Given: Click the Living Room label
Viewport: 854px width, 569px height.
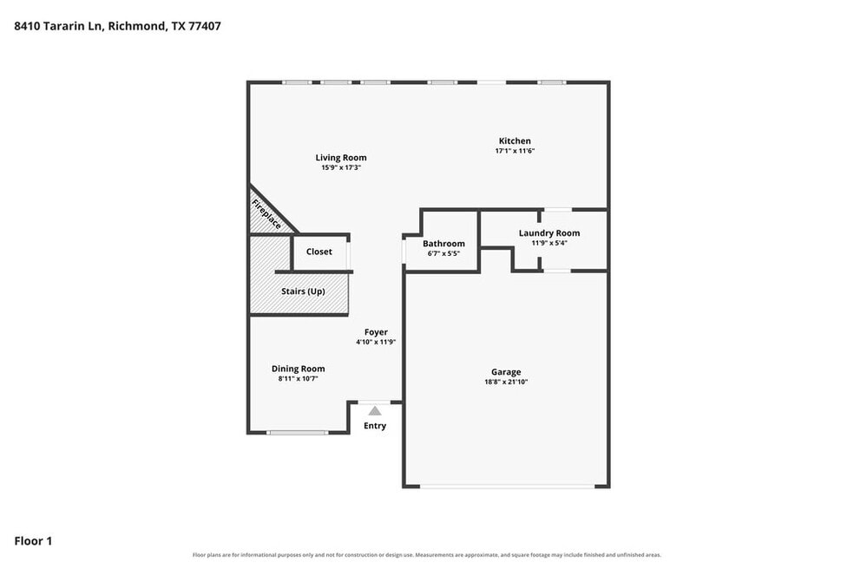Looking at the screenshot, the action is click(x=341, y=157).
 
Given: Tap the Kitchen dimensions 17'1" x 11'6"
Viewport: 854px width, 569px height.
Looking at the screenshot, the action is click(x=515, y=151).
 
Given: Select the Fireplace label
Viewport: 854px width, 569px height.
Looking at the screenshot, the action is click(x=266, y=214).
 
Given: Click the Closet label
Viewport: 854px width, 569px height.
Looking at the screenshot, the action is click(x=319, y=252).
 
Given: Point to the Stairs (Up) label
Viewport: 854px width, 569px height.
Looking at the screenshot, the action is click(x=304, y=291).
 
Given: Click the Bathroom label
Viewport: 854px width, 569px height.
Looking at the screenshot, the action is click(x=443, y=244).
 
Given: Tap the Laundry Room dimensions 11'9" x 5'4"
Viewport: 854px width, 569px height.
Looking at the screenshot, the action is click(x=549, y=243).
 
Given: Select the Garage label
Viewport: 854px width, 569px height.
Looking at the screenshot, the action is click(x=506, y=372).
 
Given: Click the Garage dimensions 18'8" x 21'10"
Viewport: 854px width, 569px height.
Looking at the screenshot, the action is click(x=506, y=382).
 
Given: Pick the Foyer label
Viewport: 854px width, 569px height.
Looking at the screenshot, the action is click(x=376, y=331).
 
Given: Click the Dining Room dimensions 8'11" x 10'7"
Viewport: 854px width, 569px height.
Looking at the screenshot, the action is click(x=298, y=378).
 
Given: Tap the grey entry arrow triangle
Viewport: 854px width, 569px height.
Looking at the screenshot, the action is click(x=375, y=410).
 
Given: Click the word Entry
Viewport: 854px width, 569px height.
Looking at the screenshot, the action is click(x=375, y=426).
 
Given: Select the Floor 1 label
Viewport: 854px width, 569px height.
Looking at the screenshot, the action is click(x=33, y=540).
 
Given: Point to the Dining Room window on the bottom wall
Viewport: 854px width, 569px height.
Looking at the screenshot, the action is click(x=298, y=433).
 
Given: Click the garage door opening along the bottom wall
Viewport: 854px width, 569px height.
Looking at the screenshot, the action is click(x=507, y=487).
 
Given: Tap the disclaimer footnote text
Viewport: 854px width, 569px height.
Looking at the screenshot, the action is click(x=427, y=555).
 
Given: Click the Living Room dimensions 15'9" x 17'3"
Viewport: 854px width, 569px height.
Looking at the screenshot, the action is click(x=341, y=167).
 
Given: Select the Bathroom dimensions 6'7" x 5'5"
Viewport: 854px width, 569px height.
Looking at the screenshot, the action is click(x=443, y=253).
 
